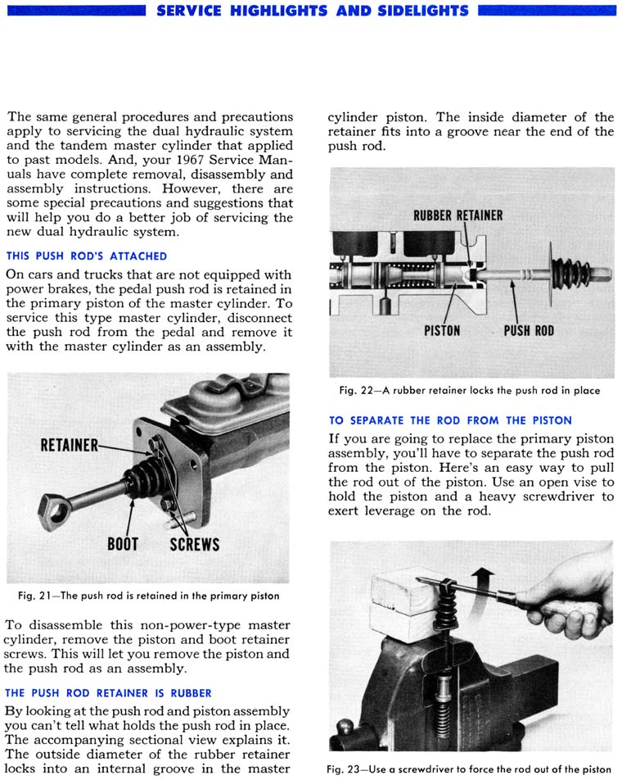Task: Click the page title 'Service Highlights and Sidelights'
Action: (x=312, y=11)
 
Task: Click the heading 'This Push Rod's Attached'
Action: (x=86, y=256)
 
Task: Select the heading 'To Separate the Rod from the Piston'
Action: (x=450, y=420)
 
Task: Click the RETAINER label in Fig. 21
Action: (x=69, y=447)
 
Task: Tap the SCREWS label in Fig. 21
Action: (x=194, y=543)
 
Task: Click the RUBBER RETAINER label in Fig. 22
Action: (x=457, y=215)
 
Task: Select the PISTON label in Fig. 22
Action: (x=442, y=331)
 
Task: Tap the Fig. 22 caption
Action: (x=470, y=391)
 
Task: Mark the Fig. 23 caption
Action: (x=469, y=769)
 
